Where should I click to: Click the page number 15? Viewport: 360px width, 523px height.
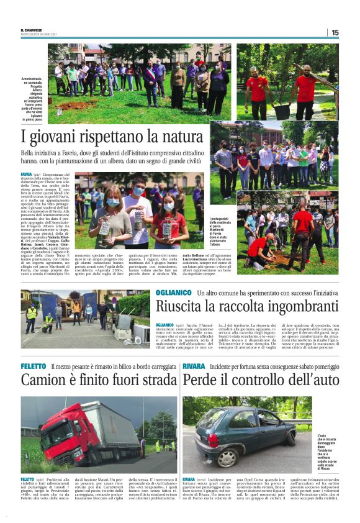coord(335,32)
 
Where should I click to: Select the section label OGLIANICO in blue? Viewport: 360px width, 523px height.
coord(174,292)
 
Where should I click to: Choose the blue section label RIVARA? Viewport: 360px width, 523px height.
coord(195,366)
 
